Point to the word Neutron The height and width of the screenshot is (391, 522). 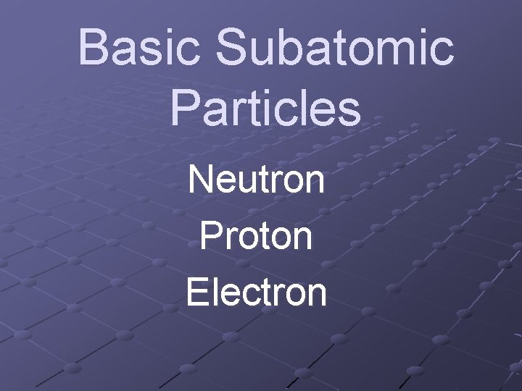[256, 180]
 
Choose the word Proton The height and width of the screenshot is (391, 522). [256, 235]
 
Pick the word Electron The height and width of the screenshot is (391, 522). [256, 291]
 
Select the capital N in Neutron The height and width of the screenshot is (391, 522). [201, 180]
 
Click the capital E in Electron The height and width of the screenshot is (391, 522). [197, 291]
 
